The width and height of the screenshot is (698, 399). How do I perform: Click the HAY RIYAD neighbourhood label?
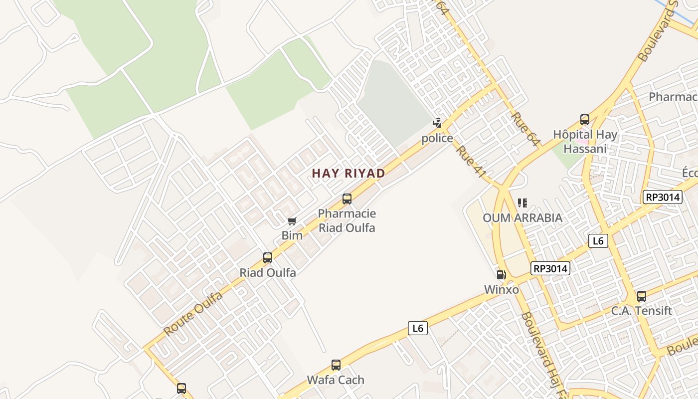349,174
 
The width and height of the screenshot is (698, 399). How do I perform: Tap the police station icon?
437,123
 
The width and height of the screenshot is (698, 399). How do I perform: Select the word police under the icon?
437,138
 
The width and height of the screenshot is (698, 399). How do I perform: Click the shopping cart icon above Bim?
292,221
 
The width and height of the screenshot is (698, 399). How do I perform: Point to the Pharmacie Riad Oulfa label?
347,221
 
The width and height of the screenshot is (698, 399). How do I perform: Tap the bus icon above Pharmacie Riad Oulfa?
347,199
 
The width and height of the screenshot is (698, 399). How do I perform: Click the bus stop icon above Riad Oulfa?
268,258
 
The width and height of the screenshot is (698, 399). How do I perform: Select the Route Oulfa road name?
193,314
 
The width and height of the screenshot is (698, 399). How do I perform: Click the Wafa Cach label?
336,380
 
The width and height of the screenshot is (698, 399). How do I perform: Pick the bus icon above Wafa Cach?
336,365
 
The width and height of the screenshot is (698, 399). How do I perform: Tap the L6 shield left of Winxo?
418,328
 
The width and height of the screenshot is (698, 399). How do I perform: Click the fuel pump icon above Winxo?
501,275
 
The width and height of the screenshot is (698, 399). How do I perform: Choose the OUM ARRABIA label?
523,218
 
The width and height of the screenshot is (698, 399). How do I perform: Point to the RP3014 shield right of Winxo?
550,268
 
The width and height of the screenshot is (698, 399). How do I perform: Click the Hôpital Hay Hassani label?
585,142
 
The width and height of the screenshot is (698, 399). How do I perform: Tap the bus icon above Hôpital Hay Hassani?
585,120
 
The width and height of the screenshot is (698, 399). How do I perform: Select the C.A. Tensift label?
642,311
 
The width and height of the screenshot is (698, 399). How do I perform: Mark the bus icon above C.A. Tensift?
642,296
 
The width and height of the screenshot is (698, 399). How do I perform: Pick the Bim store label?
292,235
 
